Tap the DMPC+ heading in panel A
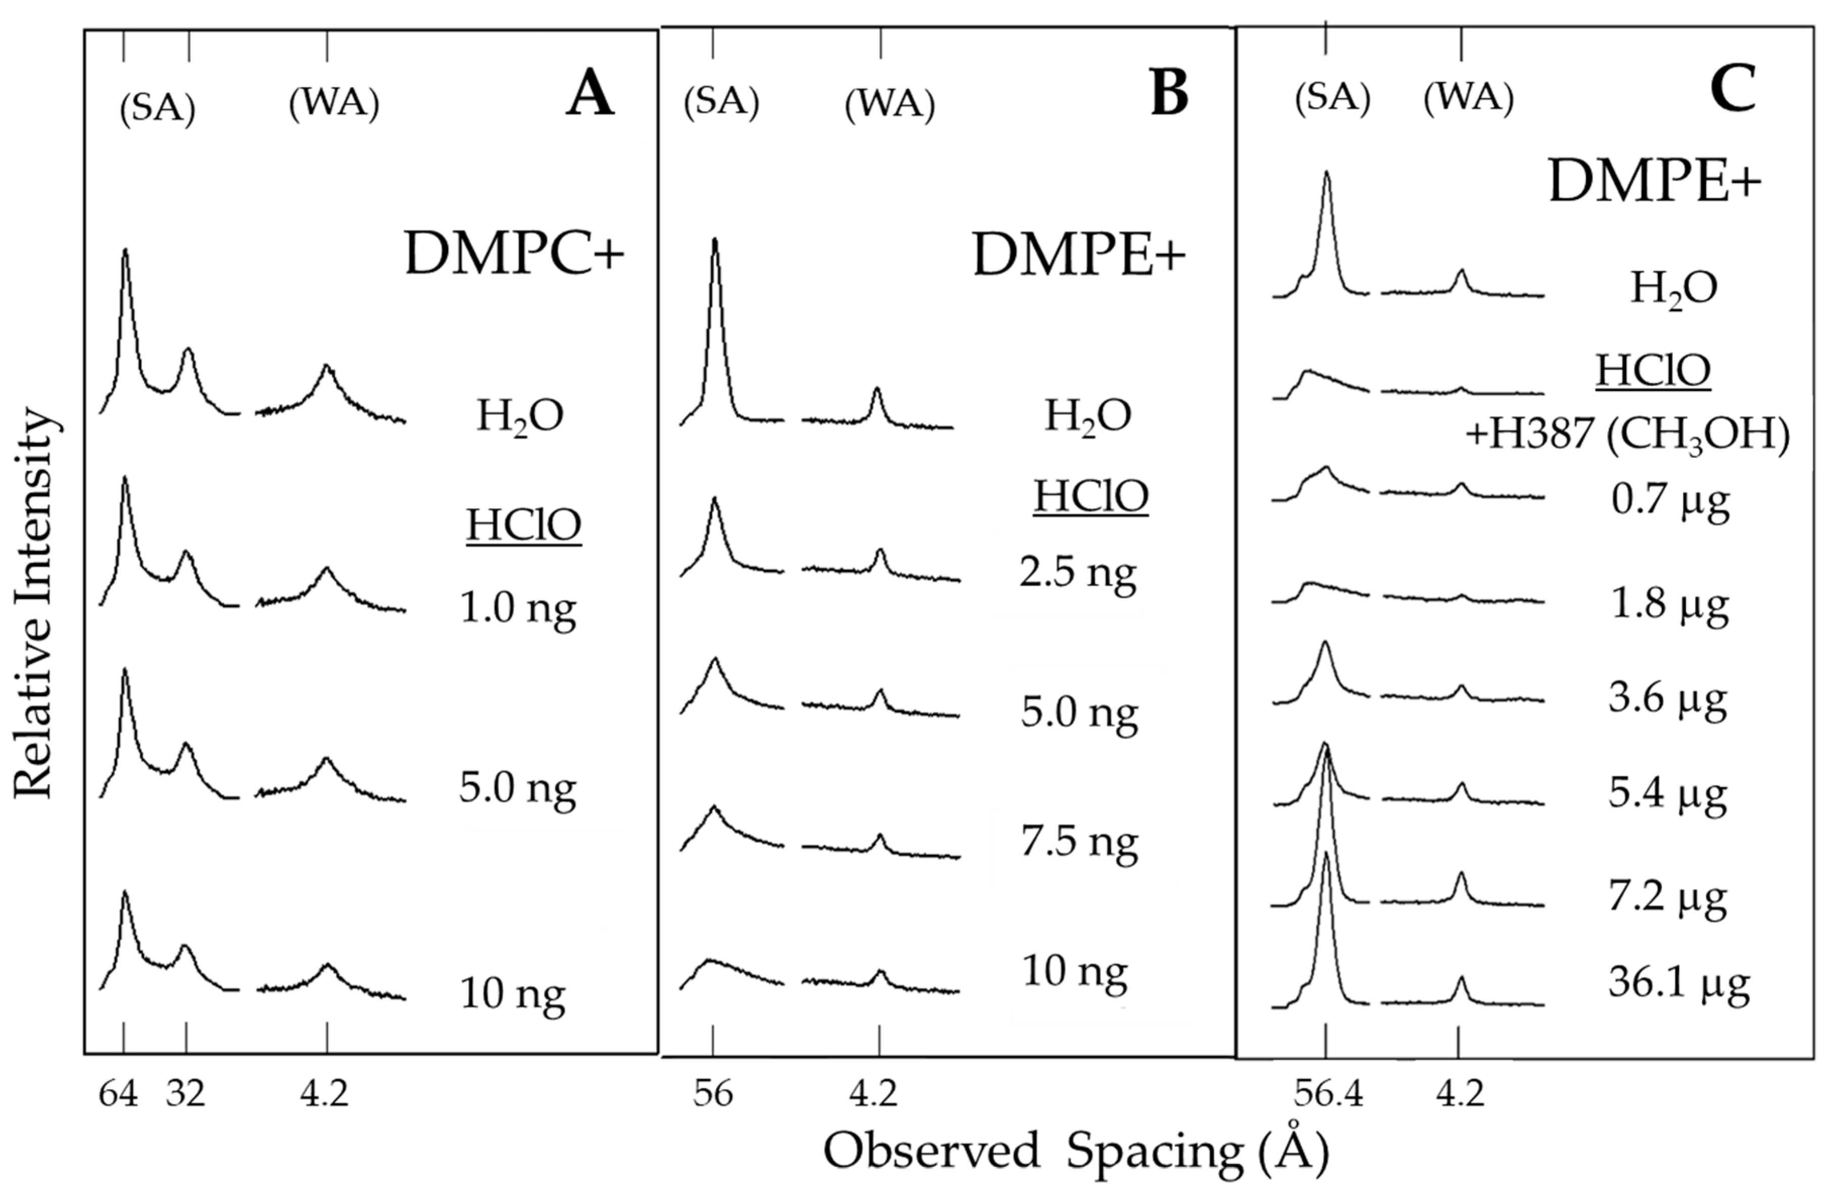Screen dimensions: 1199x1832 pos(514,255)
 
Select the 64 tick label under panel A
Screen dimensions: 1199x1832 pos(119,1093)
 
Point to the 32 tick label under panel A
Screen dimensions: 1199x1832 pos(185,1093)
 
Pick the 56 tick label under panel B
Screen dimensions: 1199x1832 pos(713,1093)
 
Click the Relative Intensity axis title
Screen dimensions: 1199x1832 pos(35,604)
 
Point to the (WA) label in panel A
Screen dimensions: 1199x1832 pos(334,103)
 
